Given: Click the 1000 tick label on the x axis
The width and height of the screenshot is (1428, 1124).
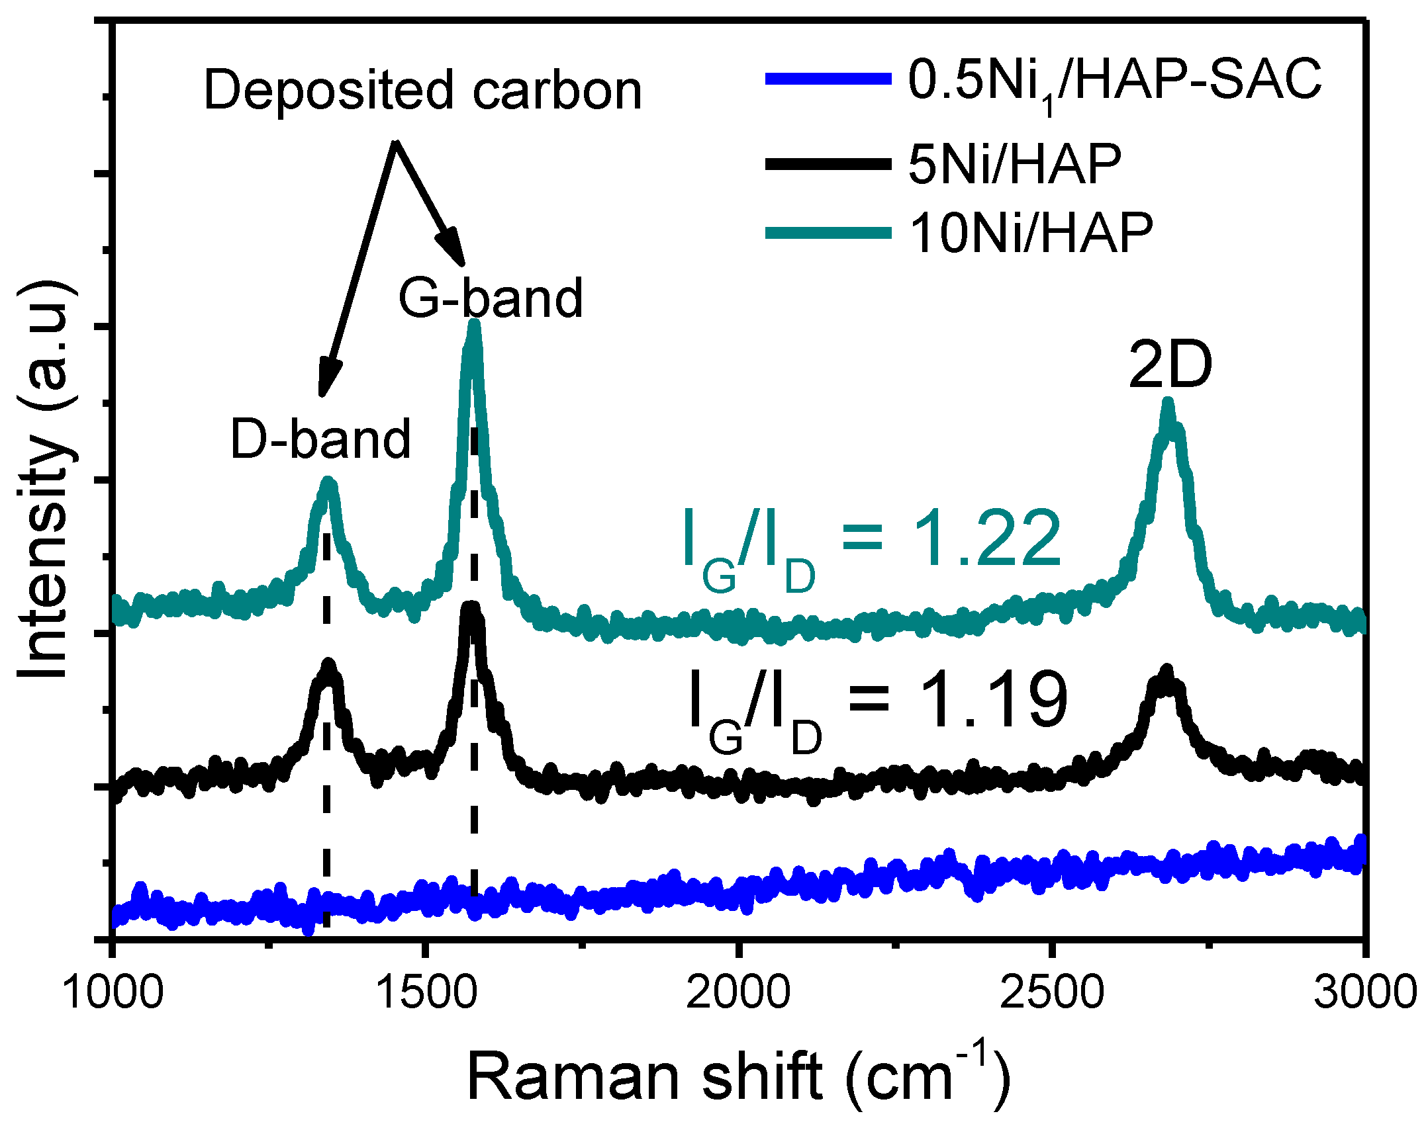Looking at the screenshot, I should (113, 993).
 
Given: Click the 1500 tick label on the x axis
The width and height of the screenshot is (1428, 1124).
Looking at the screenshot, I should (426, 993).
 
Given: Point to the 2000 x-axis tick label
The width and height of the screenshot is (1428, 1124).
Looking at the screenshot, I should (738, 993).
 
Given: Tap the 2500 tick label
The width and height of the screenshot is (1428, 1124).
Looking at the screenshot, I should (1051, 993).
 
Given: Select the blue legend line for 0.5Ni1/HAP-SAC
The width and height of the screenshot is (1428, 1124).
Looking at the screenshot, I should (828, 79).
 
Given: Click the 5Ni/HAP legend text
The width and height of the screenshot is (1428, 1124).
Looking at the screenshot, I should (1014, 163).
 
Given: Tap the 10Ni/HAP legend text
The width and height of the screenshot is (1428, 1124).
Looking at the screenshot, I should (1031, 233).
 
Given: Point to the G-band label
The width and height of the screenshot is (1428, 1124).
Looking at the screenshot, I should (490, 298).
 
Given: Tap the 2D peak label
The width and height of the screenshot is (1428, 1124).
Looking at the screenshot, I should (1170, 365).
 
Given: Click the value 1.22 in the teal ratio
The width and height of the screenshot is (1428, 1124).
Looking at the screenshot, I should (986, 539).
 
